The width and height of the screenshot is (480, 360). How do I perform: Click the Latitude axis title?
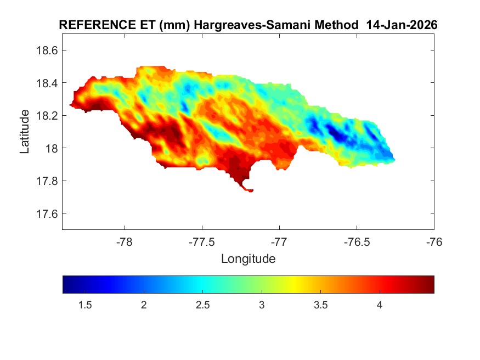(25, 131)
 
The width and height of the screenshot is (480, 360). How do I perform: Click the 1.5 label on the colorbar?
(84, 305)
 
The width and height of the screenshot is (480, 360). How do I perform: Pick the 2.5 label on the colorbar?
(202, 305)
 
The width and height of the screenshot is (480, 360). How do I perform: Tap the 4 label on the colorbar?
(379, 305)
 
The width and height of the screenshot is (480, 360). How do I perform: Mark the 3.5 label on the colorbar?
(320, 305)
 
